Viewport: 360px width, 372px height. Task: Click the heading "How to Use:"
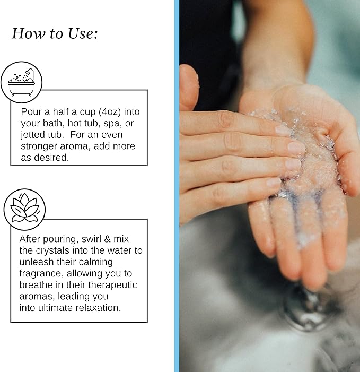tap(55, 33)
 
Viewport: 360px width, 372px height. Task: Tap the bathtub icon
tap(21, 82)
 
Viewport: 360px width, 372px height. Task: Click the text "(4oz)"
tap(110, 112)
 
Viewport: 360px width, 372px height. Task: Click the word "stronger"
tap(39, 146)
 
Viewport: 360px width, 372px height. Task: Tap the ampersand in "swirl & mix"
tap(107, 239)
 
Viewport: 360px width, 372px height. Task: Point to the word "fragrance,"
tap(41, 273)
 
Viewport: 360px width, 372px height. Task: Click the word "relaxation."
tap(98, 308)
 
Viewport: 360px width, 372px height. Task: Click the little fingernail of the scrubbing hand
tap(273, 183)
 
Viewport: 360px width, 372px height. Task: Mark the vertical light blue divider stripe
tap(177, 186)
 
